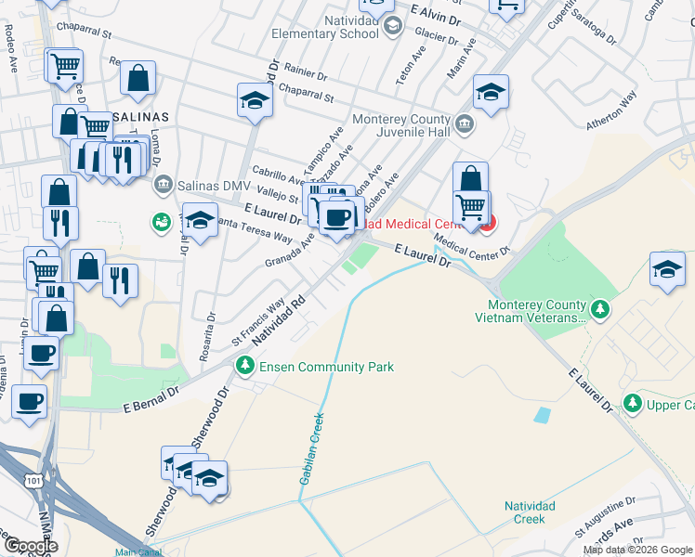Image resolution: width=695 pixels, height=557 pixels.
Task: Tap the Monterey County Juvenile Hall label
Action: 401,126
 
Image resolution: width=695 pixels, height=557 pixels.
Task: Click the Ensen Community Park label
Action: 327,367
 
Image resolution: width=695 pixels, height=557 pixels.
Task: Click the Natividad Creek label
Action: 530,512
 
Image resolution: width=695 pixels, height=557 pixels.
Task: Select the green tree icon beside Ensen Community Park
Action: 245,367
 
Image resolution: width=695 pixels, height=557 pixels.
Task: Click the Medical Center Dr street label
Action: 472,243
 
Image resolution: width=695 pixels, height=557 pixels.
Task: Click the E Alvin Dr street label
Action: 435,13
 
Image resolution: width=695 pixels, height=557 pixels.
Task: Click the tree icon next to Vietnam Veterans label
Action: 601,308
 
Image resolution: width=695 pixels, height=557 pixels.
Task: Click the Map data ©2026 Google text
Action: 637,550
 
